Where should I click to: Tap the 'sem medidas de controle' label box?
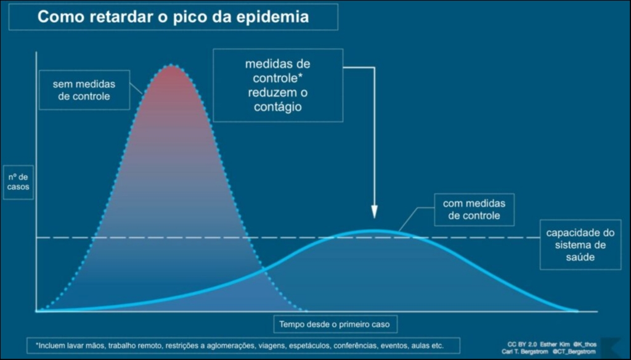pyautogui.click(x=84, y=90)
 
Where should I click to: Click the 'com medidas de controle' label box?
pyautogui.click(x=474, y=210)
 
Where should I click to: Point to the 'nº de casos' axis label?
pyautogui.click(x=18, y=181)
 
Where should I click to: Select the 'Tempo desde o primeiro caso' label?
pyautogui.click(x=335, y=324)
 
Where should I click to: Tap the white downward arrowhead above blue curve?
pyautogui.click(x=374, y=212)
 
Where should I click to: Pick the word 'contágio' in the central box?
pyautogui.click(x=277, y=106)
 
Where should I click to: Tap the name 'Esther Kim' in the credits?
pyautogui.click(x=554, y=343)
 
